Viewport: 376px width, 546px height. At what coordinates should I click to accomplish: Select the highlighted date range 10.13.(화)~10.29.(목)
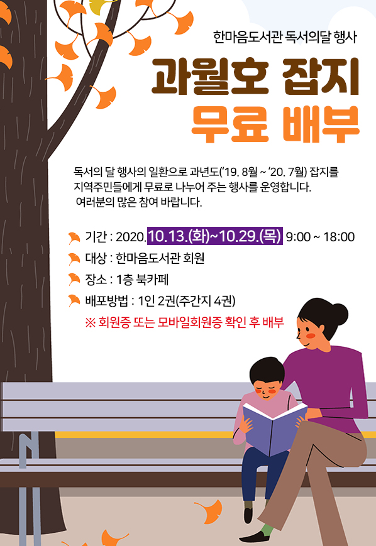pyautogui.click(x=214, y=237)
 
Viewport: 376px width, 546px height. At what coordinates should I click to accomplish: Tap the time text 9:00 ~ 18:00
pyautogui.click(x=320, y=238)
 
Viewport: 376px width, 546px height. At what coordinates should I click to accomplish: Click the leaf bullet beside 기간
pyautogui.click(x=74, y=238)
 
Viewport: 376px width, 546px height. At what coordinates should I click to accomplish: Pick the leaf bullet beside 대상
pyautogui.click(x=74, y=258)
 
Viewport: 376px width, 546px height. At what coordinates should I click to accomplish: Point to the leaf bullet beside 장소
pyautogui.click(x=74, y=278)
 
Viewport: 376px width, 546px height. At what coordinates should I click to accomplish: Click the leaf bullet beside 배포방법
pyautogui.click(x=74, y=300)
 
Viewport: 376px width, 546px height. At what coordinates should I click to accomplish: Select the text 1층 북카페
pyautogui.click(x=149, y=279)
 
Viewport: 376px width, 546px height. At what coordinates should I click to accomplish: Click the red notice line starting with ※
pyautogui.click(x=184, y=322)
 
